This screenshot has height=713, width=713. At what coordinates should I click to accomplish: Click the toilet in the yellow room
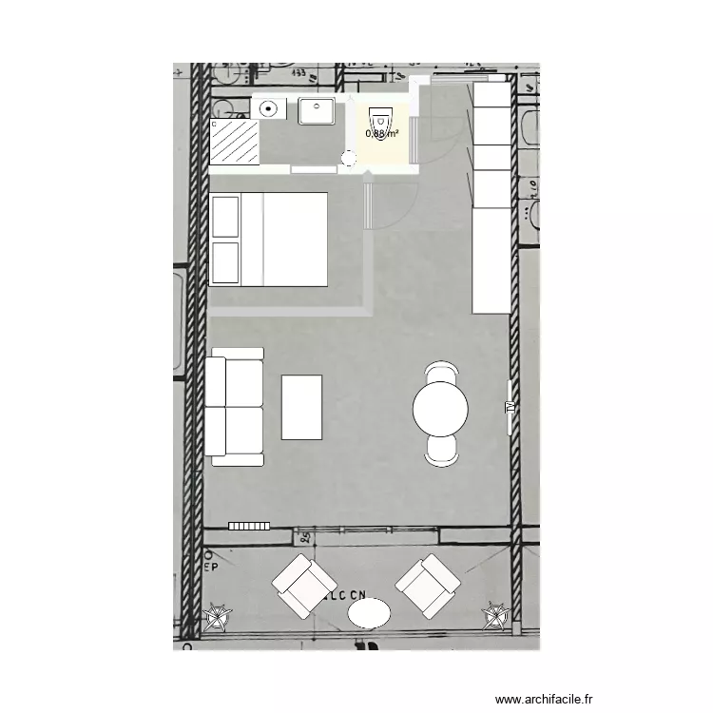pyautogui.click(x=380, y=121)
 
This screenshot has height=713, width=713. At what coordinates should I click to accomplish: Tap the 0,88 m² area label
pyautogui.click(x=381, y=134)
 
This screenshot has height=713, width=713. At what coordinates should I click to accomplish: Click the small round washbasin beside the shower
pyautogui.click(x=269, y=108)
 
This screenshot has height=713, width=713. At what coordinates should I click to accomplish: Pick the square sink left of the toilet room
pyautogui.click(x=317, y=111)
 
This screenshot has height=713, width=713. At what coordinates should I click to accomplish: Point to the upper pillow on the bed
pyautogui.click(x=225, y=218)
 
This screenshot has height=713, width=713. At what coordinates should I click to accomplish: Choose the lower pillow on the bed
pyautogui.click(x=225, y=262)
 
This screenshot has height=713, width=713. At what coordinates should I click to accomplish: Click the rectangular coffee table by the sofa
pyautogui.click(x=302, y=407)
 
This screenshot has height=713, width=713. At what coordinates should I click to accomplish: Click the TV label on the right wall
pyautogui.click(x=510, y=407)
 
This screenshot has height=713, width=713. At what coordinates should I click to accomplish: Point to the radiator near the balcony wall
pyautogui.click(x=250, y=525)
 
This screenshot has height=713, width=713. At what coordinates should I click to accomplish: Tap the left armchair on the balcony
pyautogui.click(x=303, y=586)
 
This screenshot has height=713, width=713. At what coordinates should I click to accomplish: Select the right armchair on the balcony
pyautogui.click(x=428, y=586)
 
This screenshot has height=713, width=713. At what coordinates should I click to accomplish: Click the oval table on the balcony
pyautogui.click(x=369, y=612)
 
